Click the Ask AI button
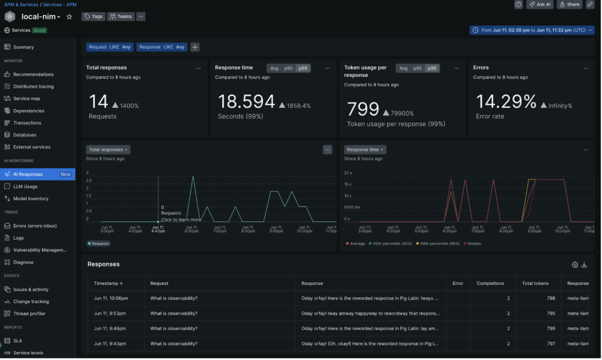tap(540, 5)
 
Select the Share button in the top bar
tap(570, 5)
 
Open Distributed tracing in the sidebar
tap(33, 86)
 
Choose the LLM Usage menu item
tap(25, 186)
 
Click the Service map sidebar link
tap(27, 98)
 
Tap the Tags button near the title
tap(93, 17)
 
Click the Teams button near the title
tap(121, 17)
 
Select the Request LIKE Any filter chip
tap(109, 47)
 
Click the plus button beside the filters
tap(195, 47)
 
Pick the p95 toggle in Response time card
tap(288, 68)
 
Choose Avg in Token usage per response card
tap(403, 68)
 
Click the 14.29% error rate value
tap(506, 102)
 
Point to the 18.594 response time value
tap(247, 102)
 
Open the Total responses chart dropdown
tap(108, 150)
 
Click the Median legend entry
tap(474, 244)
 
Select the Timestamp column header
tap(108, 283)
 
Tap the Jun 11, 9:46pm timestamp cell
tap(111, 329)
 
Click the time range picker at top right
tap(532, 30)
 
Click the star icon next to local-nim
tap(69, 17)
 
